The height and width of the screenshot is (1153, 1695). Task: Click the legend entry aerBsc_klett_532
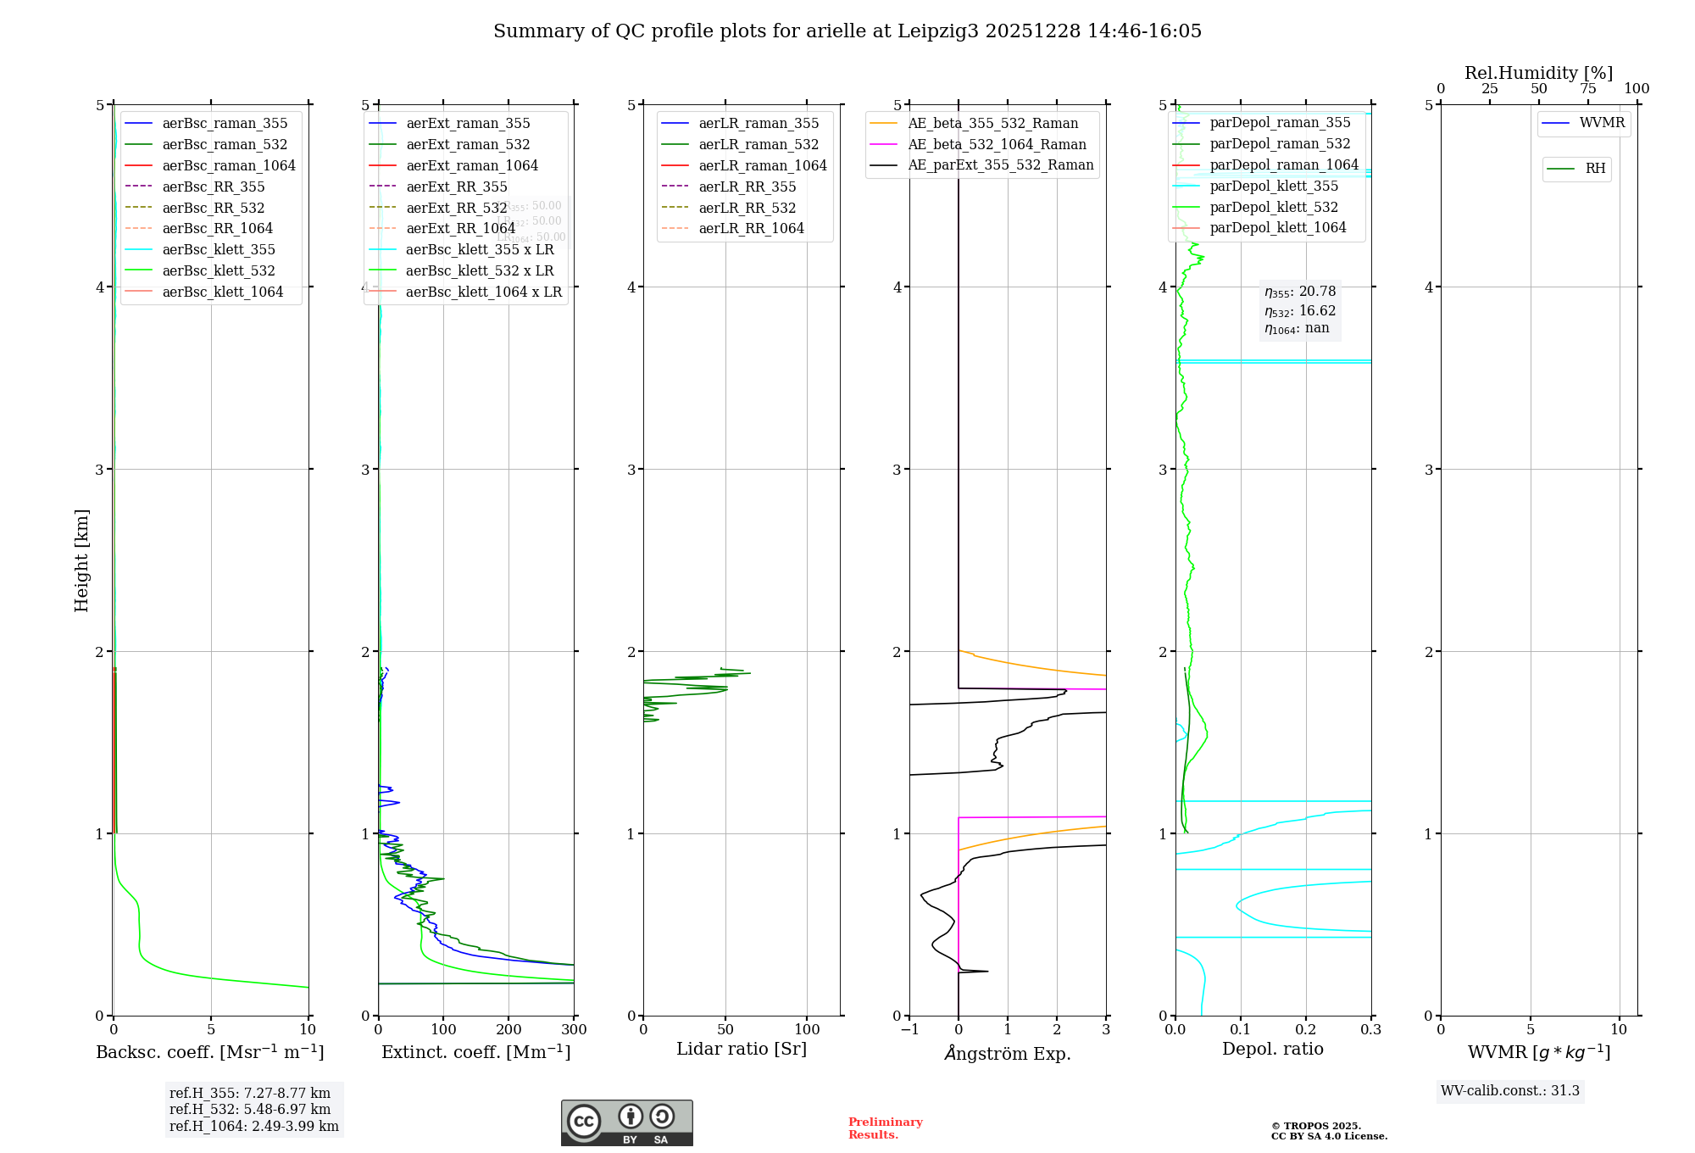click(219, 271)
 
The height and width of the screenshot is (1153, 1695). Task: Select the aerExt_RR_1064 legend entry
click(460, 229)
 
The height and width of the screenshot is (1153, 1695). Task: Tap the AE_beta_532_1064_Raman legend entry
click(997, 145)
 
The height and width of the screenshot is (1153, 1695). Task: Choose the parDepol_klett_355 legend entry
click(1274, 187)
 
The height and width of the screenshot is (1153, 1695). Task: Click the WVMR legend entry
click(1602, 124)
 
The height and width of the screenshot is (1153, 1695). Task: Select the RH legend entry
click(1595, 170)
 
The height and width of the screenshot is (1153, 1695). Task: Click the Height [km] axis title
click(81, 560)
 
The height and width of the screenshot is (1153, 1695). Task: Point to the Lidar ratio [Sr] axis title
click(742, 1050)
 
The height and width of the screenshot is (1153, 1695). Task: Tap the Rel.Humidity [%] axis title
click(1538, 74)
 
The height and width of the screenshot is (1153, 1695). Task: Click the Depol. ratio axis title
click(1272, 1050)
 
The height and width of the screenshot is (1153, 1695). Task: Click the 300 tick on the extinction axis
click(575, 1030)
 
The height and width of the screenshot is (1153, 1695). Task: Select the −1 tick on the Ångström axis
click(909, 1030)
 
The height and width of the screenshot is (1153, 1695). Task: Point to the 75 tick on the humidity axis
click(1587, 89)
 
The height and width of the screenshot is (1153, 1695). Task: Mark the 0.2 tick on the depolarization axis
click(1306, 1030)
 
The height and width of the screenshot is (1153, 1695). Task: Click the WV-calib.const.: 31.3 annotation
click(1509, 1091)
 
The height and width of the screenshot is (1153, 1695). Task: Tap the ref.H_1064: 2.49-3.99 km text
click(253, 1127)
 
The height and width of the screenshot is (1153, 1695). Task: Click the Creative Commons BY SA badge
click(626, 1123)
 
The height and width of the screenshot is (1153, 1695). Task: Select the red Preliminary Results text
click(885, 1128)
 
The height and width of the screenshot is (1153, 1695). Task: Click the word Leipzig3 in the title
click(938, 31)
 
